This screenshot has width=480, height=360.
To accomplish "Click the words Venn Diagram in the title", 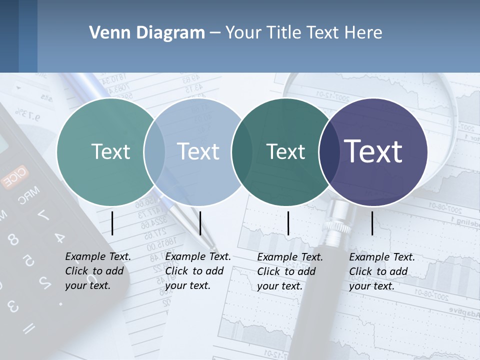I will pyautogui.click(x=147, y=33).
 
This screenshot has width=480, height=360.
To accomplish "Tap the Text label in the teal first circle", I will pyautogui.click(x=110, y=151).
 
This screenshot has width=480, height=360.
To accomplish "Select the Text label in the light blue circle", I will pyautogui.click(x=198, y=151).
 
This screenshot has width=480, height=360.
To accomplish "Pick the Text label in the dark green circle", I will pyautogui.click(x=285, y=151).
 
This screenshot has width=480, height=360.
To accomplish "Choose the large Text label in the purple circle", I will pyautogui.click(x=373, y=151).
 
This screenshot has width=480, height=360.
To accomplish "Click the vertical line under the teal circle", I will pyautogui.click(x=112, y=223).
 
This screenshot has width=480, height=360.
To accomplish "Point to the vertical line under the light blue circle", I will pyautogui.click(x=200, y=223).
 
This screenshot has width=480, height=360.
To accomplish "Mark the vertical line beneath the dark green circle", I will pyautogui.click(x=288, y=223).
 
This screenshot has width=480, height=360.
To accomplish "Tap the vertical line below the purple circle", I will pyautogui.click(x=372, y=223).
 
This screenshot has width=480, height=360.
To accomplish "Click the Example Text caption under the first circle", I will pyautogui.click(x=97, y=271).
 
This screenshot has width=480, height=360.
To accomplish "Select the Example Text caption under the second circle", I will pyautogui.click(x=197, y=271).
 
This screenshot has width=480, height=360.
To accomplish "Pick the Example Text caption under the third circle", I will pyautogui.click(x=289, y=271).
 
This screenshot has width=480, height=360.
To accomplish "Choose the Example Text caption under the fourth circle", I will pyautogui.click(x=381, y=271).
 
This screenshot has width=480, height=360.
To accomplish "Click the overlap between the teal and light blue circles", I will pyautogui.click(x=154, y=152).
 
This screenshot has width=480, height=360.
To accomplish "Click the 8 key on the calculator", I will pyautogui.click(x=13, y=239).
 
